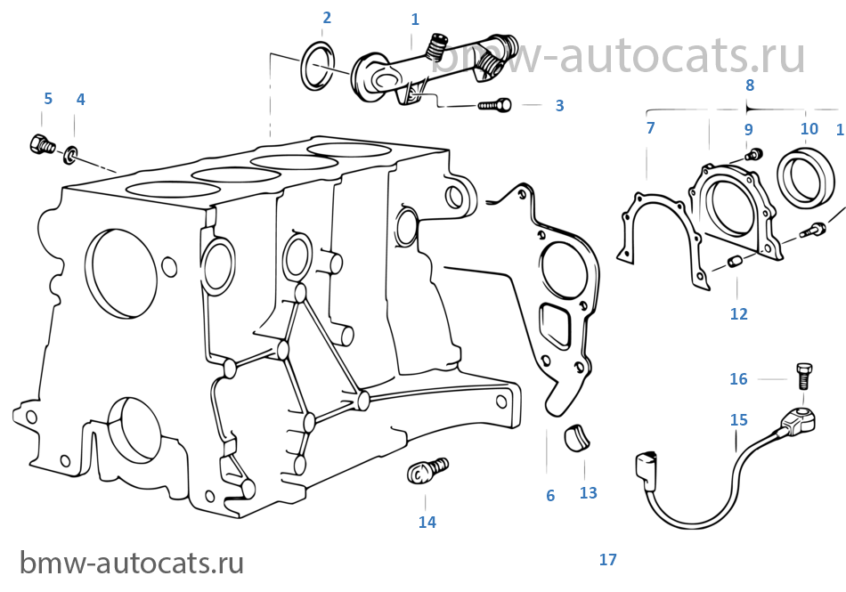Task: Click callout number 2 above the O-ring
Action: point(327,18)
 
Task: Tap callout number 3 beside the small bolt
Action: point(559,106)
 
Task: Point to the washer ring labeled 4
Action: point(70,155)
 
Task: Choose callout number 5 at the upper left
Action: point(48,99)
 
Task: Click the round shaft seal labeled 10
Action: point(806,177)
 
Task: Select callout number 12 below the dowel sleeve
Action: point(738,313)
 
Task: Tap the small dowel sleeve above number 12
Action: point(733,262)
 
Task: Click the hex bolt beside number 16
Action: point(804,376)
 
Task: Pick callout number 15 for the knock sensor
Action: point(738,419)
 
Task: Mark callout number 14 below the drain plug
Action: point(427,522)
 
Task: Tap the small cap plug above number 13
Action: point(577,437)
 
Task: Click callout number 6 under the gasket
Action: point(550,496)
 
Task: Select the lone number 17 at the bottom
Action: point(607,560)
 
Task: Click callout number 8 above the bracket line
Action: point(750,85)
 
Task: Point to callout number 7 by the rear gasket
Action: point(651,128)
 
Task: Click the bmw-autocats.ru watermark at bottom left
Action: point(132,563)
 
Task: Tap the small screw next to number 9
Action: point(753,155)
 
